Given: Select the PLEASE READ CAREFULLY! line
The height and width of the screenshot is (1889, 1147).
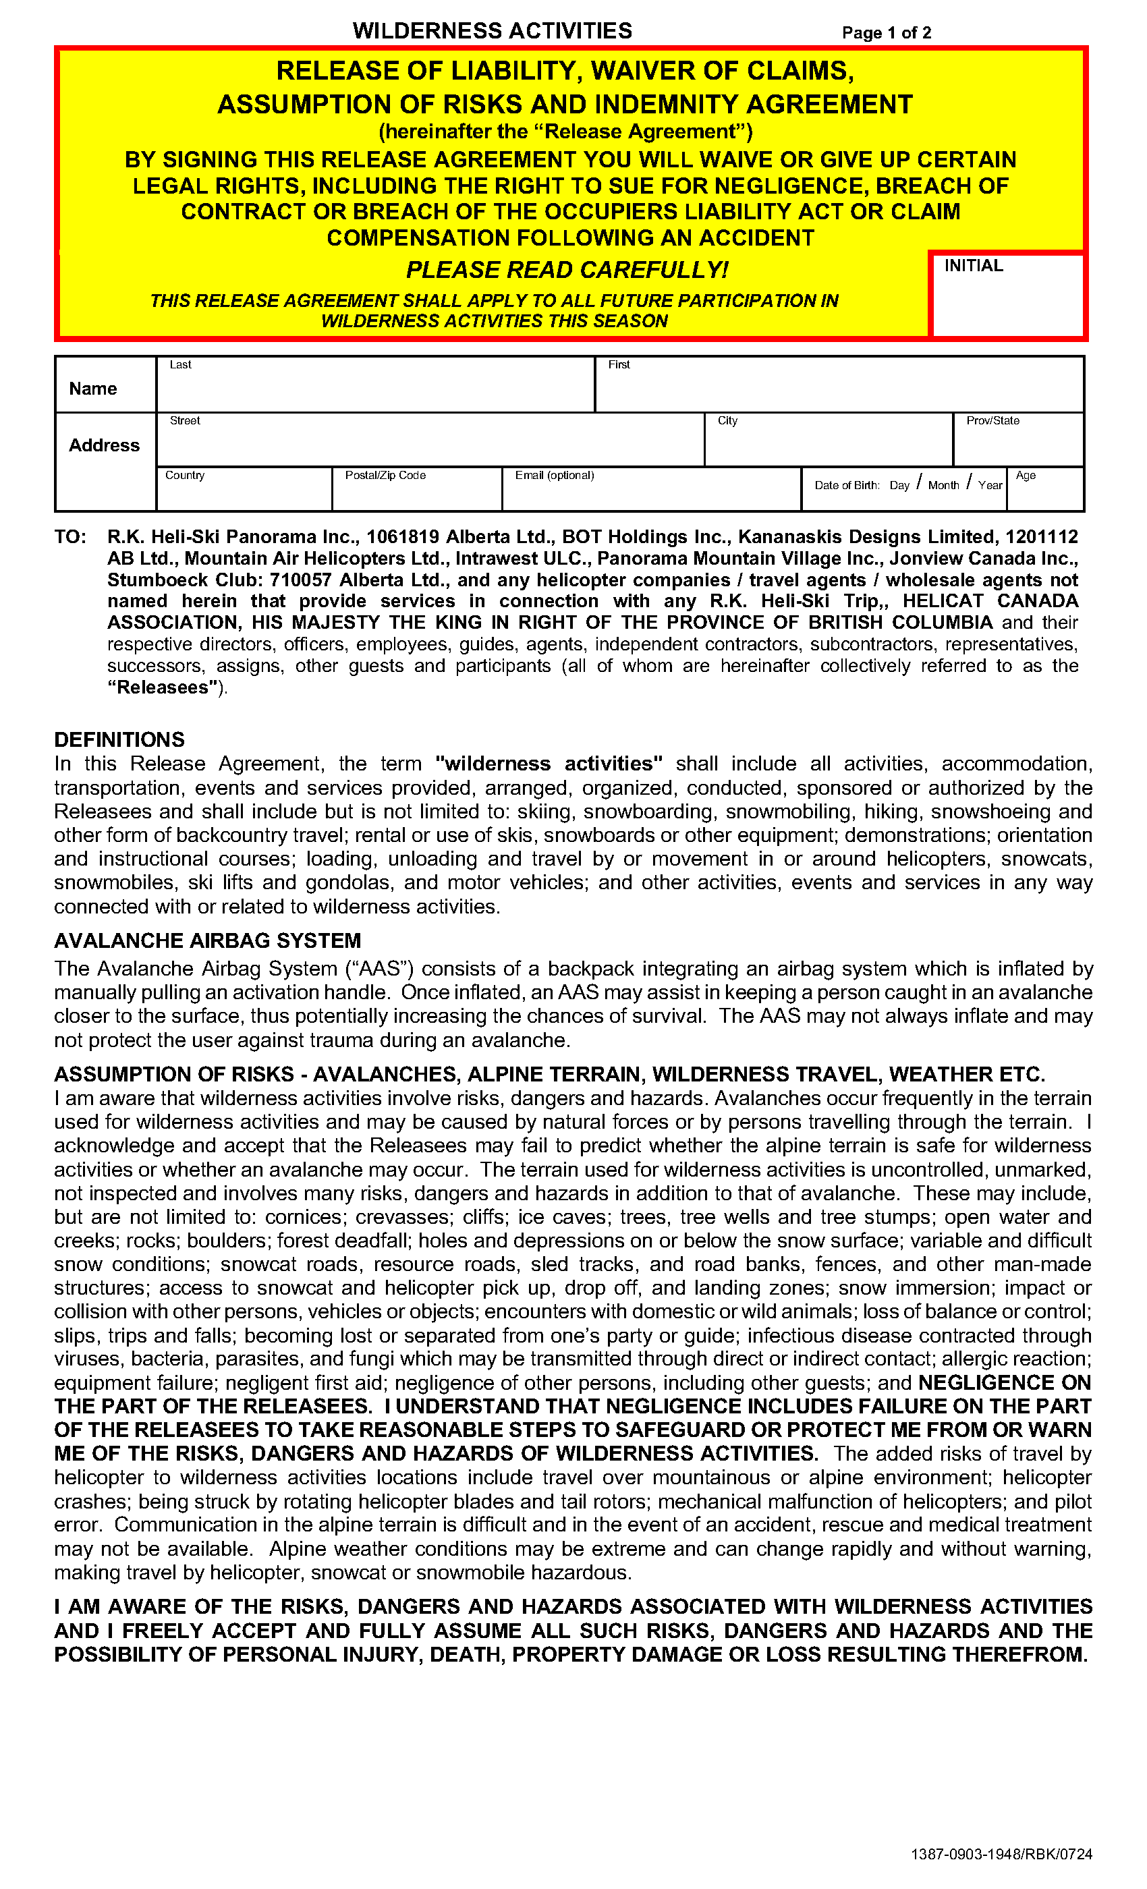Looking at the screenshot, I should pos(567,270).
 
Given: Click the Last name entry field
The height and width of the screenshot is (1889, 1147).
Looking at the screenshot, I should pos(376,389).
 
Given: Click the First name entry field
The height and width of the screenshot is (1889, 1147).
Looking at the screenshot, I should pos(839,389).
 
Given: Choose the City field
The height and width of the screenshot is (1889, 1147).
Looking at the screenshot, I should pos(828,445).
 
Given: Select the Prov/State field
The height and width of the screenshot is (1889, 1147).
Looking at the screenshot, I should pos(1018,445).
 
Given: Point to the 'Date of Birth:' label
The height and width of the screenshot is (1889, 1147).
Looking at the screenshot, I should pos(847,485).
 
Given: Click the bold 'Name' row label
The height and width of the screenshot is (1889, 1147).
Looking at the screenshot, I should pos(93,389).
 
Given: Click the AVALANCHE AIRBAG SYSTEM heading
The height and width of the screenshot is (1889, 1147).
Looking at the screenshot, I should pos(207,940).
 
